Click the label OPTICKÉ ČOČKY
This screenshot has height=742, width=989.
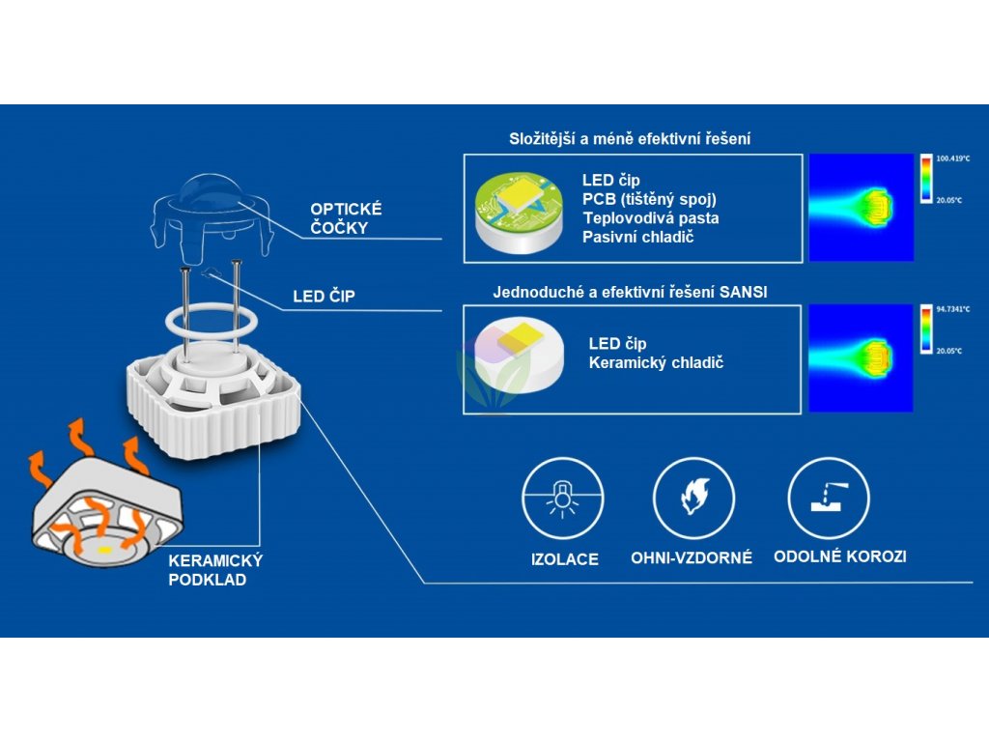(x=346, y=218)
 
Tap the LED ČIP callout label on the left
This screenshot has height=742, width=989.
(x=324, y=297)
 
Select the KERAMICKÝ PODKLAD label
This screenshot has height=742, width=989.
(x=215, y=570)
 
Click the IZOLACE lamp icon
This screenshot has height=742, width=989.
(x=563, y=499)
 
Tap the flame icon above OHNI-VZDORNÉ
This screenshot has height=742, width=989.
(x=693, y=499)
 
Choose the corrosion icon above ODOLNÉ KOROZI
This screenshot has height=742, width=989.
(x=829, y=499)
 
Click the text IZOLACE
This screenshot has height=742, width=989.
(x=565, y=559)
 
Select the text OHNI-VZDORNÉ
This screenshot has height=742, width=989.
(x=692, y=558)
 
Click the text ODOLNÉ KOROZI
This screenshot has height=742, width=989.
(x=839, y=556)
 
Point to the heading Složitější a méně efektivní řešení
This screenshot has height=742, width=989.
(x=630, y=139)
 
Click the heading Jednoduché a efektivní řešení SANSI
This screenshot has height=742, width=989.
(x=630, y=292)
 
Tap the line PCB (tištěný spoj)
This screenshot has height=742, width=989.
(x=649, y=199)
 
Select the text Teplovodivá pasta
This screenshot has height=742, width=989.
(x=650, y=218)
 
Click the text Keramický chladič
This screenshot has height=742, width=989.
(x=656, y=363)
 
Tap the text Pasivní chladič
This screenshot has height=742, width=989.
(x=638, y=237)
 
